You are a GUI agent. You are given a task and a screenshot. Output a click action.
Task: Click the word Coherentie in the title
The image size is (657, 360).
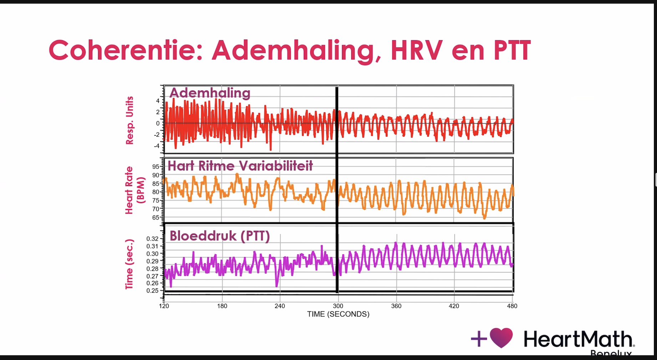pyautogui.click(x=121, y=51)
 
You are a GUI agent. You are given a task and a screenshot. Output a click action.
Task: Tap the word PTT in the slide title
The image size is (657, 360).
pyautogui.click(x=512, y=51)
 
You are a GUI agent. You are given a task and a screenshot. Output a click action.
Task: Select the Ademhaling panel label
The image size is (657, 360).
pyautogui.click(x=210, y=93)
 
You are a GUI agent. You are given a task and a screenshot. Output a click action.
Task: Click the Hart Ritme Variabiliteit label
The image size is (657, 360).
pyautogui.click(x=240, y=166)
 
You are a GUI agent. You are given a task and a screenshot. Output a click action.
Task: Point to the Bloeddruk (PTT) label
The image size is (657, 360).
pyautogui.click(x=219, y=236)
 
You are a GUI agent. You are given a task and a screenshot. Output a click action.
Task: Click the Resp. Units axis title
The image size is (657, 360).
pyautogui.click(x=129, y=120)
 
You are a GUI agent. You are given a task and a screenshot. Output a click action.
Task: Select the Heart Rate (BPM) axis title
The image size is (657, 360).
pyautogui.click(x=134, y=190)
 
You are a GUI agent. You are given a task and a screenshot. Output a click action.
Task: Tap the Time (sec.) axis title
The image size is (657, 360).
pyautogui.click(x=129, y=264)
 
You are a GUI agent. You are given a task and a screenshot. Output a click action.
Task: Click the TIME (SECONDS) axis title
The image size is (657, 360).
pyautogui.click(x=338, y=314)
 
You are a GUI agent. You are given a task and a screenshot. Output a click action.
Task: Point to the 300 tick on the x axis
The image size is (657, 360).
pyautogui.click(x=338, y=306)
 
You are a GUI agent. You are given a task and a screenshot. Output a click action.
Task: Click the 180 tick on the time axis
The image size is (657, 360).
pyautogui.click(x=222, y=306)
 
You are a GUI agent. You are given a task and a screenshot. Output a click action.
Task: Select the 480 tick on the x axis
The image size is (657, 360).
pyautogui.click(x=512, y=306)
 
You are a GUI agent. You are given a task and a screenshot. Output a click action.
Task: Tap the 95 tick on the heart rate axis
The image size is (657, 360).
pyautogui.click(x=156, y=166)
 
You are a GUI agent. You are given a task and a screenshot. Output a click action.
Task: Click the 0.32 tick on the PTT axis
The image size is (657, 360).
pyautogui.click(x=152, y=238)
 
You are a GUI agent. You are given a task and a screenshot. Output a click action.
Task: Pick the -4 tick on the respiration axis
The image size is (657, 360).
pyautogui.click(x=157, y=146)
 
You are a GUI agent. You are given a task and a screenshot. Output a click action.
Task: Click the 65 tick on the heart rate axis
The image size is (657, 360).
pyautogui.click(x=156, y=217)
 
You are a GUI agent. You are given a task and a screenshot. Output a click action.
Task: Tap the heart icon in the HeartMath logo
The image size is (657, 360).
pyautogui.click(x=501, y=338)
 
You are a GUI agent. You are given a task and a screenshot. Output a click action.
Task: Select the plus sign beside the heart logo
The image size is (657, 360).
pyautogui.click(x=479, y=339)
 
